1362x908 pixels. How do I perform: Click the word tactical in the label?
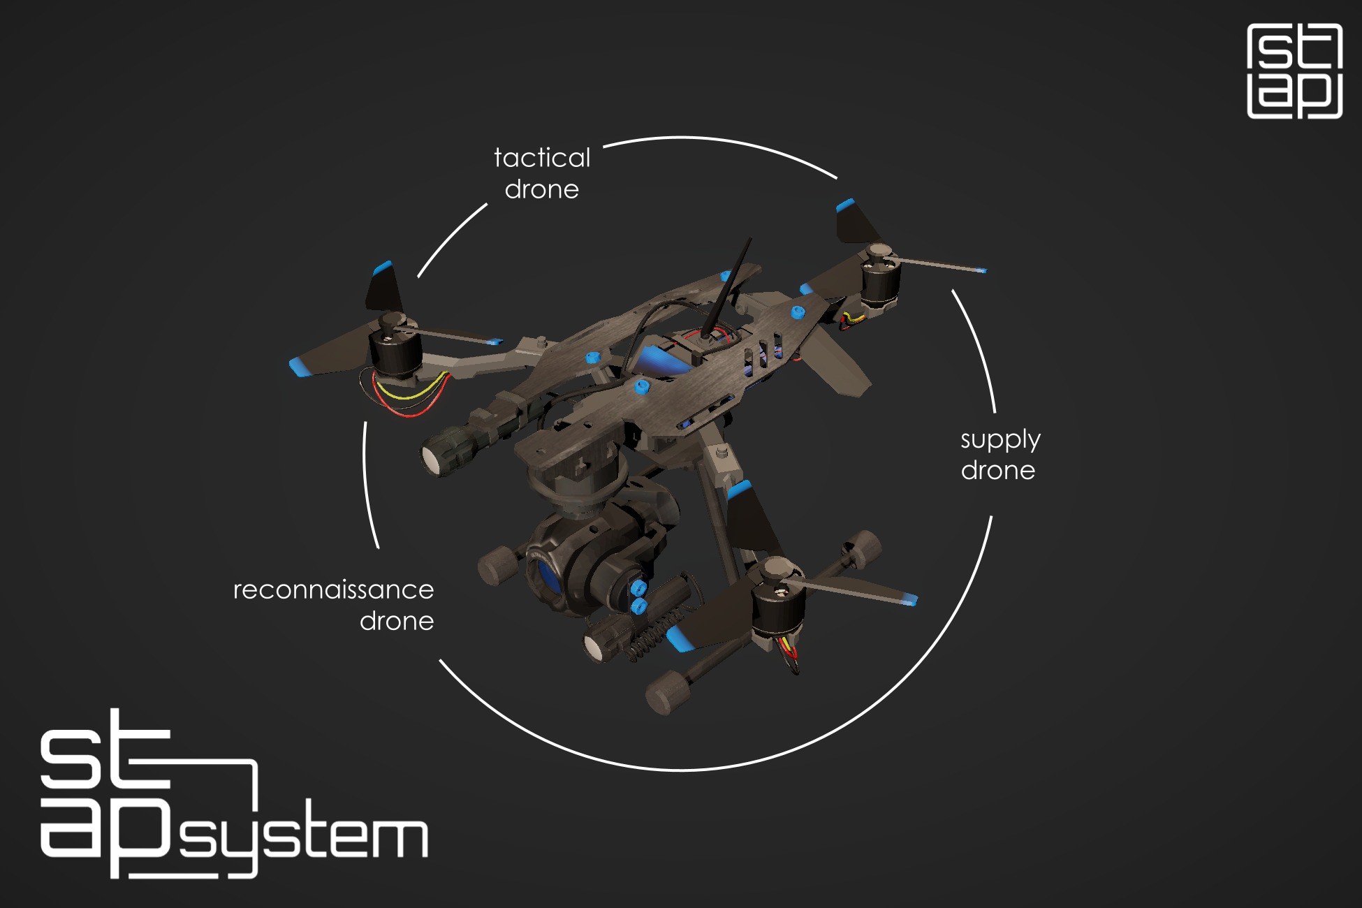pos(542,158)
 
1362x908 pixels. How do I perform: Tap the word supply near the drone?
pos(1000,440)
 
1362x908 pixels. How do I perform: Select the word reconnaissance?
pos(333,590)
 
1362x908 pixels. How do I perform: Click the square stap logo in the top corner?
pos(1295,71)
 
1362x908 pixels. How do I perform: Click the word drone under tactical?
pos(542,190)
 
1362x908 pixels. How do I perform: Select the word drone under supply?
pos(998,471)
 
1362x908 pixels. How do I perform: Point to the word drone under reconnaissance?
pos(397,622)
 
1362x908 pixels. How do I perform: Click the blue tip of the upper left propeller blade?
pos(382,268)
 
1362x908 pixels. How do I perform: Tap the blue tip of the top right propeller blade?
pos(845,205)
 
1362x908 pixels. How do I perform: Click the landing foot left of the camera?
pos(497,564)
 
